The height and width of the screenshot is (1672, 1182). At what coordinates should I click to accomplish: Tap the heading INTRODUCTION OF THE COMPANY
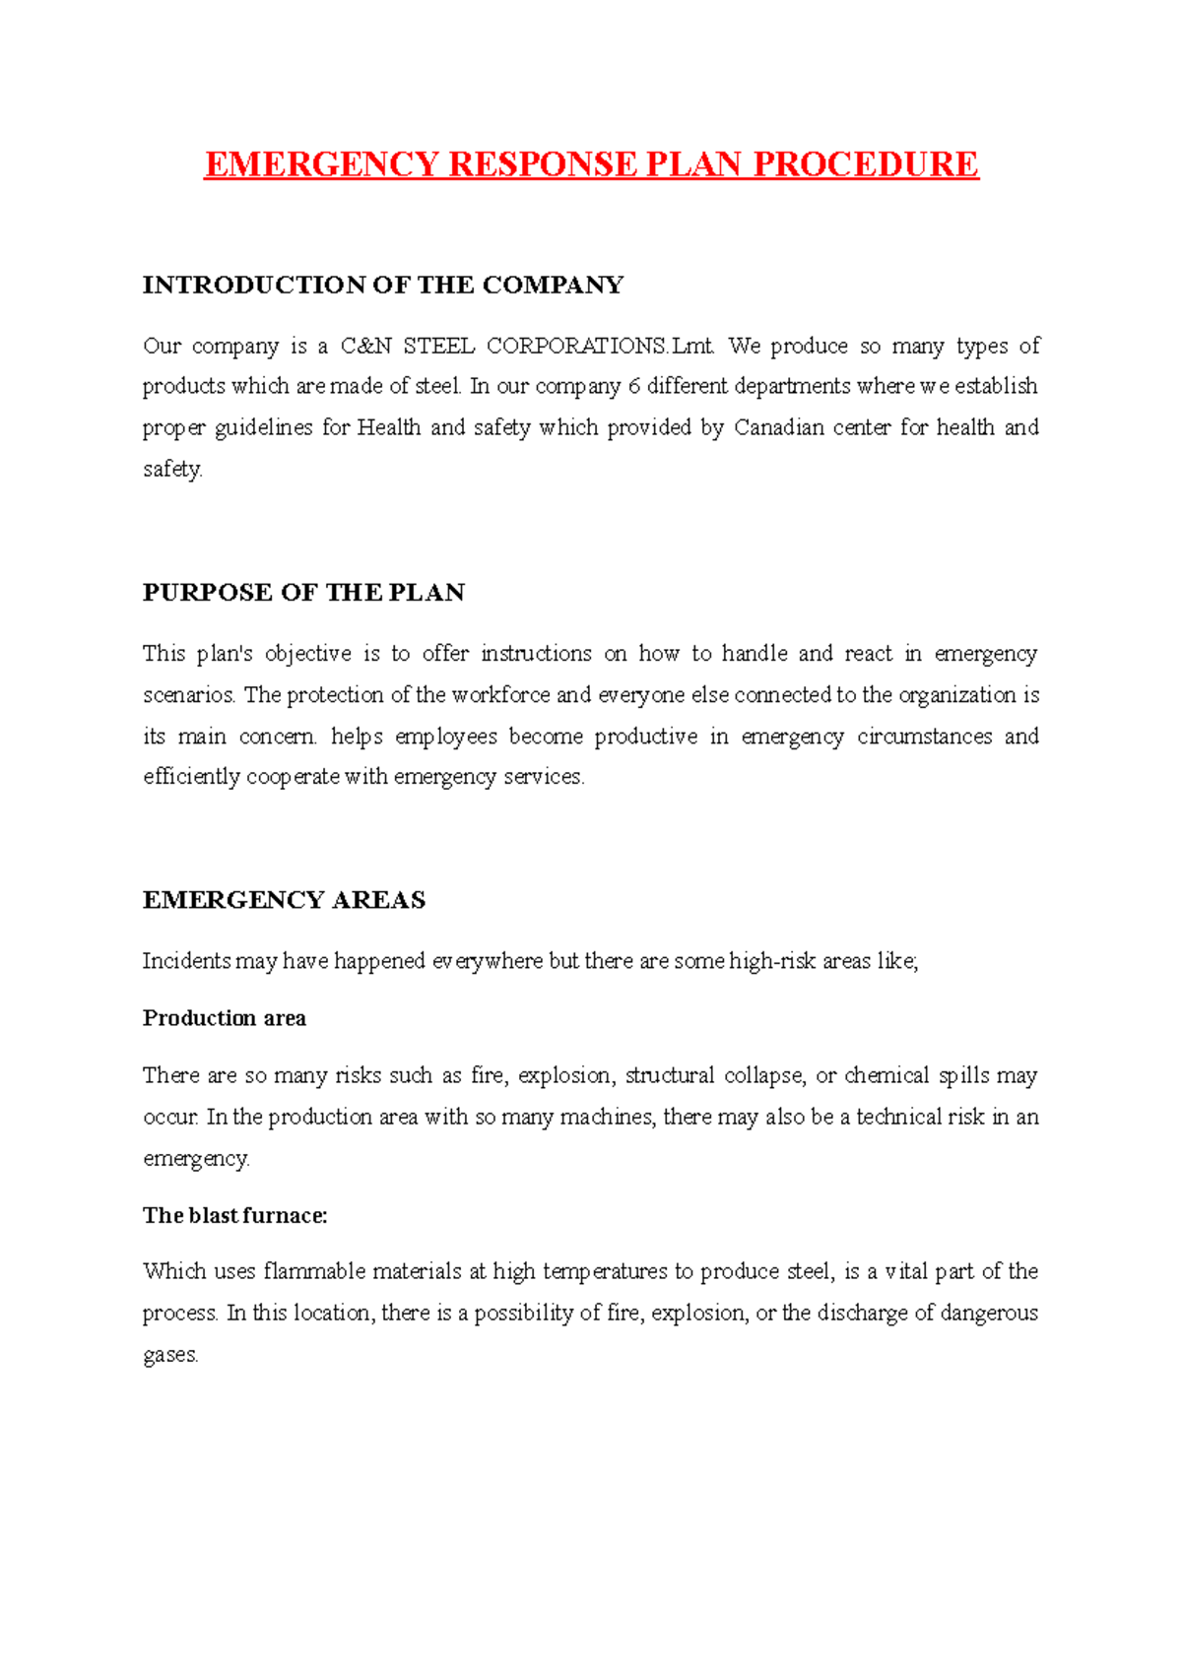tap(383, 286)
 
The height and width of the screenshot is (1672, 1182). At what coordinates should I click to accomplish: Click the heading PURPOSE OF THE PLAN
tap(303, 593)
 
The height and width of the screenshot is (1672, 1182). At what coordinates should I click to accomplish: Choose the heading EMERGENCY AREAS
tap(284, 900)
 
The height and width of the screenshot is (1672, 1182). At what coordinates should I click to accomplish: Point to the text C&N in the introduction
tap(365, 347)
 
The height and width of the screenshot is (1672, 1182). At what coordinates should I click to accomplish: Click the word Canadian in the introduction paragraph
tap(779, 428)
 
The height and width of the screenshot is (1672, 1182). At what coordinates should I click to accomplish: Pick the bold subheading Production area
tap(225, 1018)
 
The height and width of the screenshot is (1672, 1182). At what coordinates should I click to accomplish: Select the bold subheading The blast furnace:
tap(234, 1216)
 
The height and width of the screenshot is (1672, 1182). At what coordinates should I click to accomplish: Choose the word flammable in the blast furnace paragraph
tap(312, 1272)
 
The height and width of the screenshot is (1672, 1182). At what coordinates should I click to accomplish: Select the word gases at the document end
tap(169, 1356)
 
